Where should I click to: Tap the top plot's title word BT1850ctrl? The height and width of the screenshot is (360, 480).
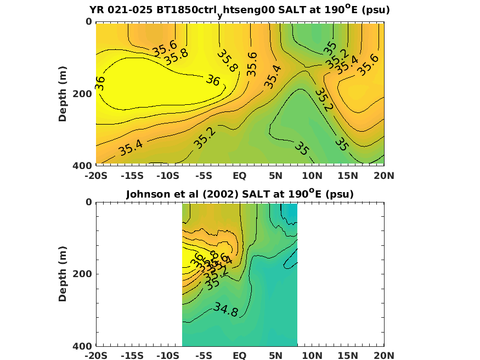(184, 10)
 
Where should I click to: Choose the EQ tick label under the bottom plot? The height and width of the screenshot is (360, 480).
(240, 356)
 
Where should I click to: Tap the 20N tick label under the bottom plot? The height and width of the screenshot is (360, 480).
(383, 356)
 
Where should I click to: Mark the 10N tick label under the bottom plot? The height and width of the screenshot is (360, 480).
(312, 356)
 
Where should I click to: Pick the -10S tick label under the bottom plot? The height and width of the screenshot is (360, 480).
(168, 356)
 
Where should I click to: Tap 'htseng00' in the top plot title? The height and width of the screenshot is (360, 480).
(246, 10)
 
